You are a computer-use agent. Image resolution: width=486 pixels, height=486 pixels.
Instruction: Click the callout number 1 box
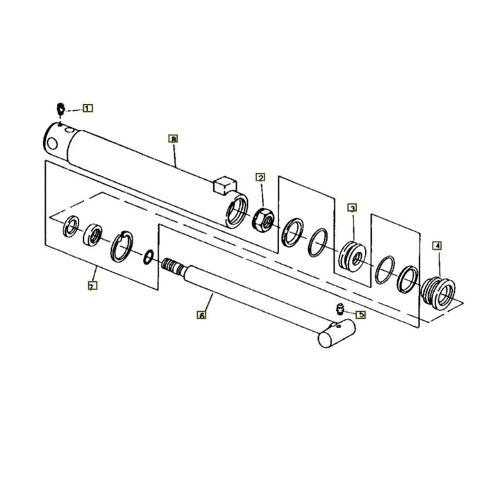tap(88, 108)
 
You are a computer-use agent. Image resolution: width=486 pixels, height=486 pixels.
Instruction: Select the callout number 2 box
tap(260, 178)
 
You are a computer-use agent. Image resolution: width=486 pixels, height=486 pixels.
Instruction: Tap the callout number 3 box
tap(353, 208)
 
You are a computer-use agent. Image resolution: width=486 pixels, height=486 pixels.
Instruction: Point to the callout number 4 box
tap(437, 245)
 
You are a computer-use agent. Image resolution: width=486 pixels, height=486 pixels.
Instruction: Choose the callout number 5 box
tap(361, 315)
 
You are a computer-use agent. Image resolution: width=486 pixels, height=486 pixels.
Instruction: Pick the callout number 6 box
tap(201, 315)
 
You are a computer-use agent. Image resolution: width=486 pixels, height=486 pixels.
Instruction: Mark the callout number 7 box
tap(92, 285)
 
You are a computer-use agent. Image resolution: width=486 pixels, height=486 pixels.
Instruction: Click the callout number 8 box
tap(173, 139)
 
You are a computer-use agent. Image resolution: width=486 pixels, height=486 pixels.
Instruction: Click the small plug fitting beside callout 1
tap(60, 108)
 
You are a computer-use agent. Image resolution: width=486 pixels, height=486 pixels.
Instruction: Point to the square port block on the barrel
tap(224, 184)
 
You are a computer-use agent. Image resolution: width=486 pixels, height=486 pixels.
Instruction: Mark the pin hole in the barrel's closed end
tap(51, 142)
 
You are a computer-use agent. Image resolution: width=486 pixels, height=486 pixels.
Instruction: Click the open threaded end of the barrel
tap(236, 210)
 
